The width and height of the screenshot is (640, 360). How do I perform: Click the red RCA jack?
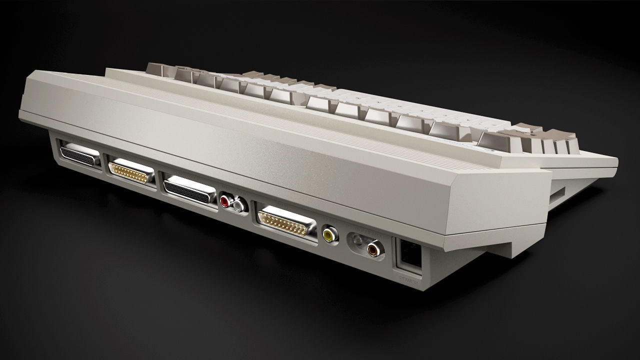pos(225,201)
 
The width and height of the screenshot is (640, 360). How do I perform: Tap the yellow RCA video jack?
pos(329,233)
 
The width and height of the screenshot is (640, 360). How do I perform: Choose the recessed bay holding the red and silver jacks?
pos(232,203)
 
